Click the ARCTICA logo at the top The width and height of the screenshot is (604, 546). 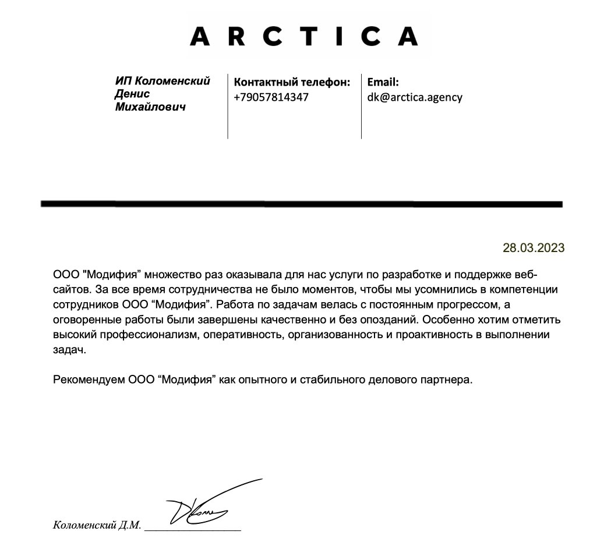pyautogui.click(x=304, y=36)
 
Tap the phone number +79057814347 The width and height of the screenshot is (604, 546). pyautogui.click(x=271, y=97)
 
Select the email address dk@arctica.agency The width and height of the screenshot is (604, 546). pyautogui.click(x=414, y=97)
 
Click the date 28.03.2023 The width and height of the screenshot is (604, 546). pyautogui.click(x=534, y=248)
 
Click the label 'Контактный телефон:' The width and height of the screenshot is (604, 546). pyautogui.click(x=292, y=82)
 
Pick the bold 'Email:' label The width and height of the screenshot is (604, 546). pyautogui.click(x=383, y=82)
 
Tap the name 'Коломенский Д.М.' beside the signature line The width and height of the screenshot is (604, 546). pyautogui.click(x=97, y=525)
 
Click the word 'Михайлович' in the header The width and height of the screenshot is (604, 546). pyautogui.click(x=150, y=107)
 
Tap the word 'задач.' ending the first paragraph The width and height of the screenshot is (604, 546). pyautogui.click(x=69, y=350)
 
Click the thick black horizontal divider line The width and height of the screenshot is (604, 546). pyautogui.click(x=301, y=204)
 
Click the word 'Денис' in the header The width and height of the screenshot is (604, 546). pyautogui.click(x=132, y=94)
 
